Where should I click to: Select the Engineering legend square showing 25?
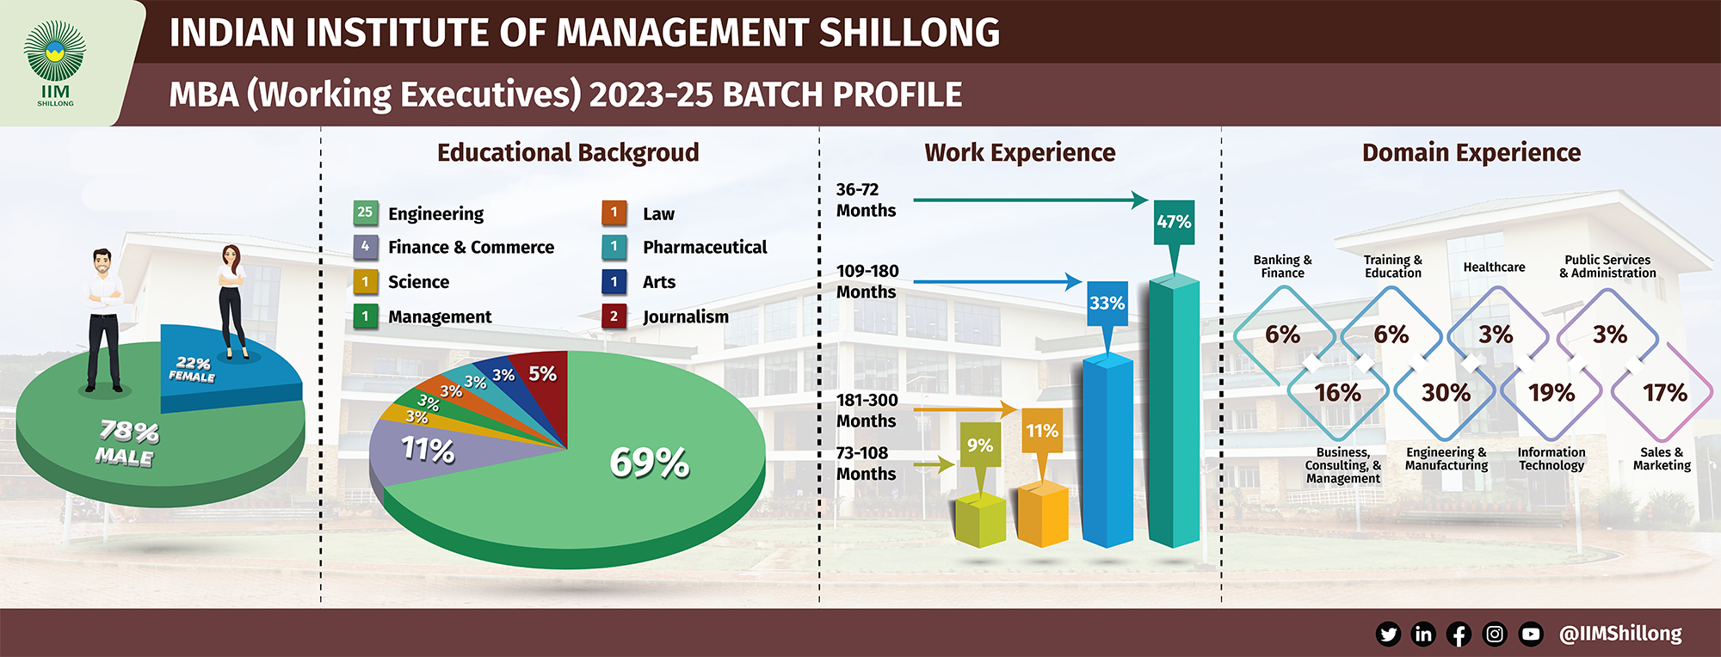pos(365,212)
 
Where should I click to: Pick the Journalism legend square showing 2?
pos(614,316)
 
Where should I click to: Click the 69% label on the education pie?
pos(649,463)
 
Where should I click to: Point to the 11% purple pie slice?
pos(430,451)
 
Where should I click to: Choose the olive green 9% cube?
pos(980,519)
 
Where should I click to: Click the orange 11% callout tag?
pos(1042,432)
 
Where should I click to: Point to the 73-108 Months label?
pos(866,464)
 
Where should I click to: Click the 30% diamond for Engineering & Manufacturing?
pos(1446,393)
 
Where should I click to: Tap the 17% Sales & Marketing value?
pos(1664,393)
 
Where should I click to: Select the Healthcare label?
pos(1494,267)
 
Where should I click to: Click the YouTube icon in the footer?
pos(1531,635)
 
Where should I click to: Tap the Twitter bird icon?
pos(1388,635)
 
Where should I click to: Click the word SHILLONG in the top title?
pos(910,33)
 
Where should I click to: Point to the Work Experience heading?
pos(1020,152)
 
